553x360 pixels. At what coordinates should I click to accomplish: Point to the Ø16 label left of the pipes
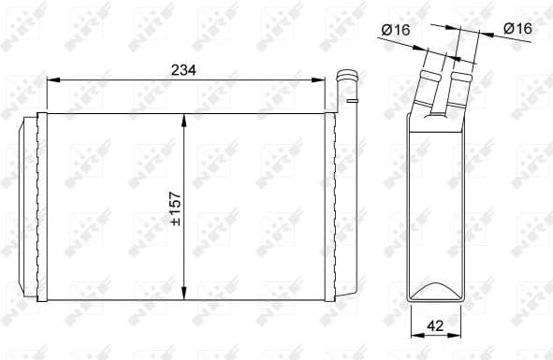tap(397, 29)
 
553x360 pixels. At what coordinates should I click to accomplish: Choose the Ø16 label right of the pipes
tap(517, 29)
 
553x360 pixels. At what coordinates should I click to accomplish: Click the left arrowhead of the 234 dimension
tap(51, 81)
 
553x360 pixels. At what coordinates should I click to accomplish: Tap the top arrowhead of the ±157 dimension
tap(186, 118)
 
